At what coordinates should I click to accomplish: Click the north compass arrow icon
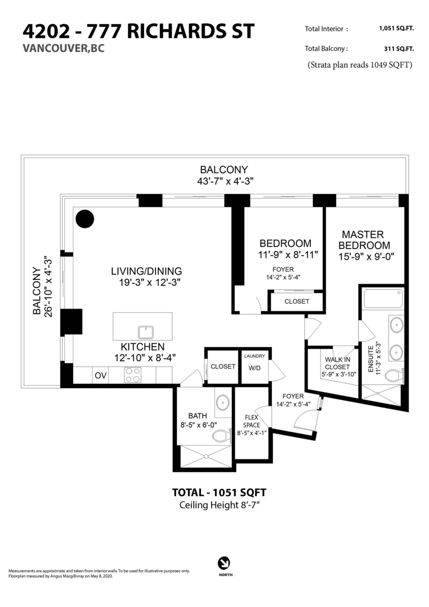pyautogui.click(x=224, y=563)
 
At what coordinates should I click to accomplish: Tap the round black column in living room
pyautogui.click(x=85, y=219)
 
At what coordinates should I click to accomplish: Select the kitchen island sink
pyautogui.click(x=146, y=332)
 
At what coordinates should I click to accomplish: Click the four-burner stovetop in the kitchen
pyautogui.click(x=133, y=375)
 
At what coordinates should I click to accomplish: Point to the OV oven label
pyautogui.click(x=101, y=375)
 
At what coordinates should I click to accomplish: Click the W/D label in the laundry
pyautogui.click(x=254, y=368)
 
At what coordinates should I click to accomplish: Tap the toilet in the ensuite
pyautogui.click(x=394, y=375)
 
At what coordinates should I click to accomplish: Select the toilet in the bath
pyautogui.click(x=222, y=436)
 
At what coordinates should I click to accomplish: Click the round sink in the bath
pyautogui.click(x=223, y=403)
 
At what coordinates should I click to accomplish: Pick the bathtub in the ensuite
pyautogui.click(x=382, y=298)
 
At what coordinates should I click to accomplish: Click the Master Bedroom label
pyautogui.click(x=364, y=240)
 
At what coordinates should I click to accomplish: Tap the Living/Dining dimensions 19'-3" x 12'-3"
pyautogui.click(x=150, y=282)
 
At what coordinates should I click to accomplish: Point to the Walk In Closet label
pyautogui.click(x=337, y=363)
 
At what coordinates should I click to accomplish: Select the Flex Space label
pyautogui.click(x=251, y=421)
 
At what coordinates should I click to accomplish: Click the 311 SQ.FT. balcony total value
pyautogui.click(x=399, y=49)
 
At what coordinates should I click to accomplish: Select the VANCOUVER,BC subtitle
pyautogui.click(x=63, y=48)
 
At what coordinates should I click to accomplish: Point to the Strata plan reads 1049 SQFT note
pyautogui.click(x=360, y=65)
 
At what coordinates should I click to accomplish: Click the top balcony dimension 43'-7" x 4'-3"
pyautogui.click(x=225, y=181)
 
